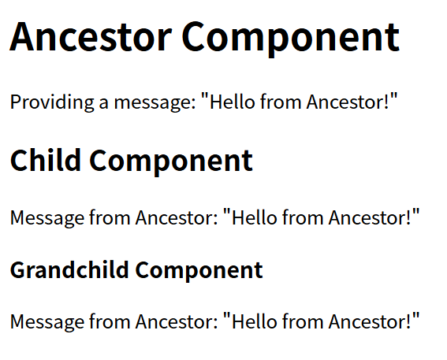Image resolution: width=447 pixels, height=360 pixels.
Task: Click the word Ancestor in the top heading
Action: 91,37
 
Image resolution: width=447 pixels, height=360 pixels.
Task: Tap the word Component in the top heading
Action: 290,39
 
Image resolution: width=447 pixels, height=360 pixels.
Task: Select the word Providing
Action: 52,102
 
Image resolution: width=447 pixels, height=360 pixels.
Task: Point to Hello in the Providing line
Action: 232,102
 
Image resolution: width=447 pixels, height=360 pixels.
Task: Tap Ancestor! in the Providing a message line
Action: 348,102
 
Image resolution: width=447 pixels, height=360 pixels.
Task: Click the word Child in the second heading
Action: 45,160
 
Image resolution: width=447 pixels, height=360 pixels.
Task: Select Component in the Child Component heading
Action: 171,161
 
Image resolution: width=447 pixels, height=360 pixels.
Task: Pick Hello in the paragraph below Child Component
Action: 255,217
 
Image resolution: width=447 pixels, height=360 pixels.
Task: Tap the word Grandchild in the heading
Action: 69,269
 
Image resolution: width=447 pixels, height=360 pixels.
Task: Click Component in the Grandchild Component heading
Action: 199,270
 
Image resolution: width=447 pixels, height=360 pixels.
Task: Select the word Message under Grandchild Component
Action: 47,322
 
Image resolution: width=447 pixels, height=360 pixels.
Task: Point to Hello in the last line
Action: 255,321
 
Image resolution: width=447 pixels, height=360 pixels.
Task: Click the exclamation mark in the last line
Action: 409,321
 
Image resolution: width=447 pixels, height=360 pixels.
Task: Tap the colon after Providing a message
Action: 193,103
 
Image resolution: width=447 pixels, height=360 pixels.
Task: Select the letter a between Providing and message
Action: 104,103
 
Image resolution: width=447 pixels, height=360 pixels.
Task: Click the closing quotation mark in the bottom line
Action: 416,316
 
